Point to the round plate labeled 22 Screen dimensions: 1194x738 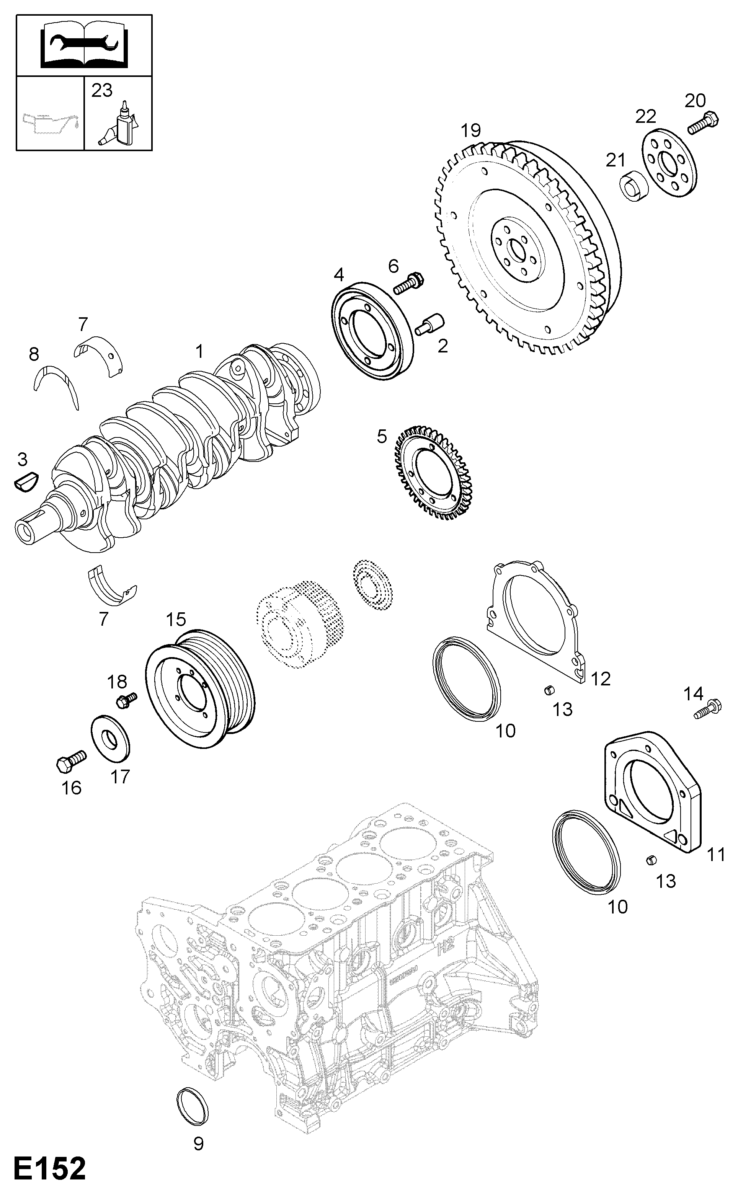(668, 163)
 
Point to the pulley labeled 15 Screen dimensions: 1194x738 (200, 688)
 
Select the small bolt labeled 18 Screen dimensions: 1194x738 (126, 701)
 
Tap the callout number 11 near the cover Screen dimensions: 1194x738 (716, 855)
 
